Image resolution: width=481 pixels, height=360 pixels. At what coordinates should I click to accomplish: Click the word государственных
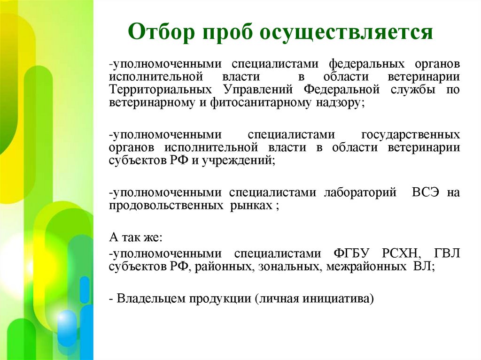pyautogui.click(x=410, y=135)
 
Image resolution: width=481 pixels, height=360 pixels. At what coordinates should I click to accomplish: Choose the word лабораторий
pyautogui.click(x=360, y=193)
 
